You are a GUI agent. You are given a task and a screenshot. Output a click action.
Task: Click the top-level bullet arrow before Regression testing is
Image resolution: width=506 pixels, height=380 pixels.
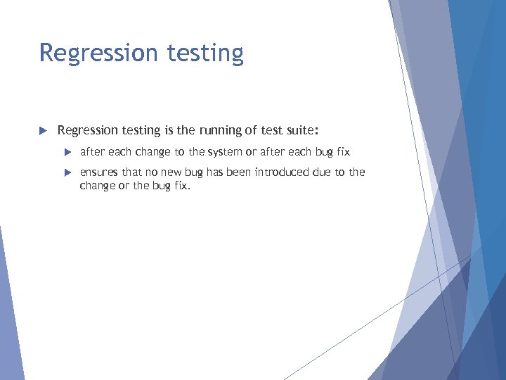pyautogui.click(x=42, y=130)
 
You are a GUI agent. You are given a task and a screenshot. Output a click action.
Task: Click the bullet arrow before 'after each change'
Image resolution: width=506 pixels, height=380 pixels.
pyautogui.click(x=67, y=152)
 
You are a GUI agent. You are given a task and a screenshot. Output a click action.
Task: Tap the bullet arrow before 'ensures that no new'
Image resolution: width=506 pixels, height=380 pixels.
pyautogui.click(x=67, y=172)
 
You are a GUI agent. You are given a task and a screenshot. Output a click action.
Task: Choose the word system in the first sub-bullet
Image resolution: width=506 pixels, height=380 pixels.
pyautogui.click(x=224, y=152)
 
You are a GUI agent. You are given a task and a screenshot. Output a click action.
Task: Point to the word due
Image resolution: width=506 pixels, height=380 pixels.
pyautogui.click(x=322, y=172)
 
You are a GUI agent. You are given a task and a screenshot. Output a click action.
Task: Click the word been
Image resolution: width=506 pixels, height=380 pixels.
pyautogui.click(x=238, y=172)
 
